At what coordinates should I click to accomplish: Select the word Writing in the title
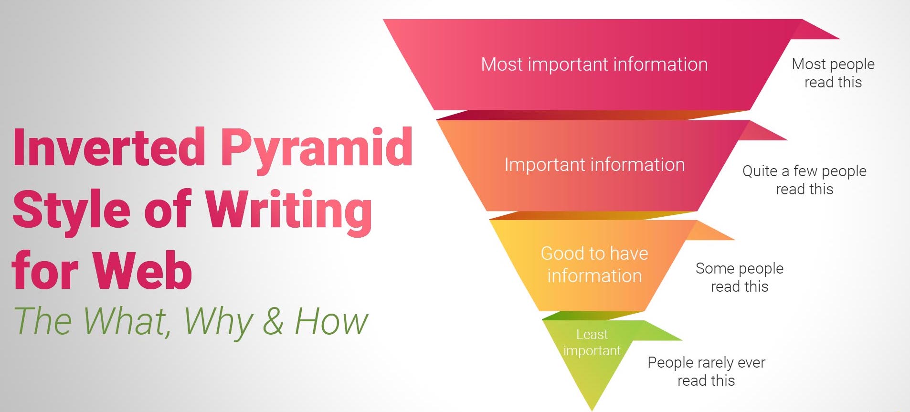(289, 211)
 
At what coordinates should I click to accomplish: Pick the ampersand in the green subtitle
(273, 321)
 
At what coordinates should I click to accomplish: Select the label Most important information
(594, 64)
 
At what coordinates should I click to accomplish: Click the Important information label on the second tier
(594, 165)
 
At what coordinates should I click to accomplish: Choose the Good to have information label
(594, 264)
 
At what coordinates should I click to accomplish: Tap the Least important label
(592, 342)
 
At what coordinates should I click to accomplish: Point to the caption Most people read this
(833, 73)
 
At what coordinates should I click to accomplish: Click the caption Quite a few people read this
(804, 180)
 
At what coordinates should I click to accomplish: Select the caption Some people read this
(740, 277)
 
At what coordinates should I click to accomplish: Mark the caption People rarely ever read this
(706, 371)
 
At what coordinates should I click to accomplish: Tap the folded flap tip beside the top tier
(839, 38)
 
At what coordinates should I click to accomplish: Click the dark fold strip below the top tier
(592, 115)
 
